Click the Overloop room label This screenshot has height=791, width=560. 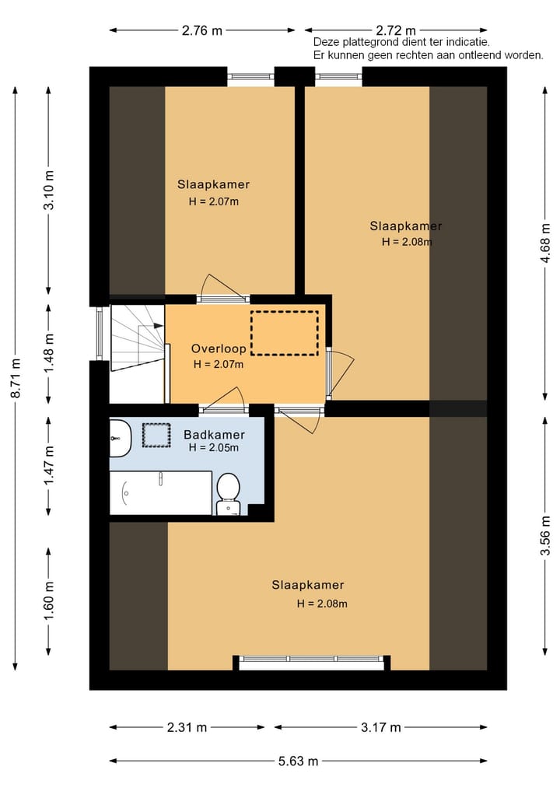coord(219,349)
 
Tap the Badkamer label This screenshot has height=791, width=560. coord(214,435)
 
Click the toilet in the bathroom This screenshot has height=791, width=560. coord(228,492)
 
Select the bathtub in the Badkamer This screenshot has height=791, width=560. coord(160,492)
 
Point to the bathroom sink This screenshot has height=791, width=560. coord(121,438)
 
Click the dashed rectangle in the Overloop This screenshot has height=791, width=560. coord(285,333)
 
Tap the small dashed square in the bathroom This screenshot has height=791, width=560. coord(156,435)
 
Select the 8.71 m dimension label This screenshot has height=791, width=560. coord(15,376)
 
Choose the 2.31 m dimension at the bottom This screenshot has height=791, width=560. coord(187,728)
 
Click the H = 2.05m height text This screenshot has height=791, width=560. coord(213,448)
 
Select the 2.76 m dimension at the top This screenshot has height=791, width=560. coord(202,31)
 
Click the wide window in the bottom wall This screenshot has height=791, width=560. coord(311,662)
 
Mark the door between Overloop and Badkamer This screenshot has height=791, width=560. coord(222,408)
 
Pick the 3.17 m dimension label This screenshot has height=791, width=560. coord(381,728)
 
